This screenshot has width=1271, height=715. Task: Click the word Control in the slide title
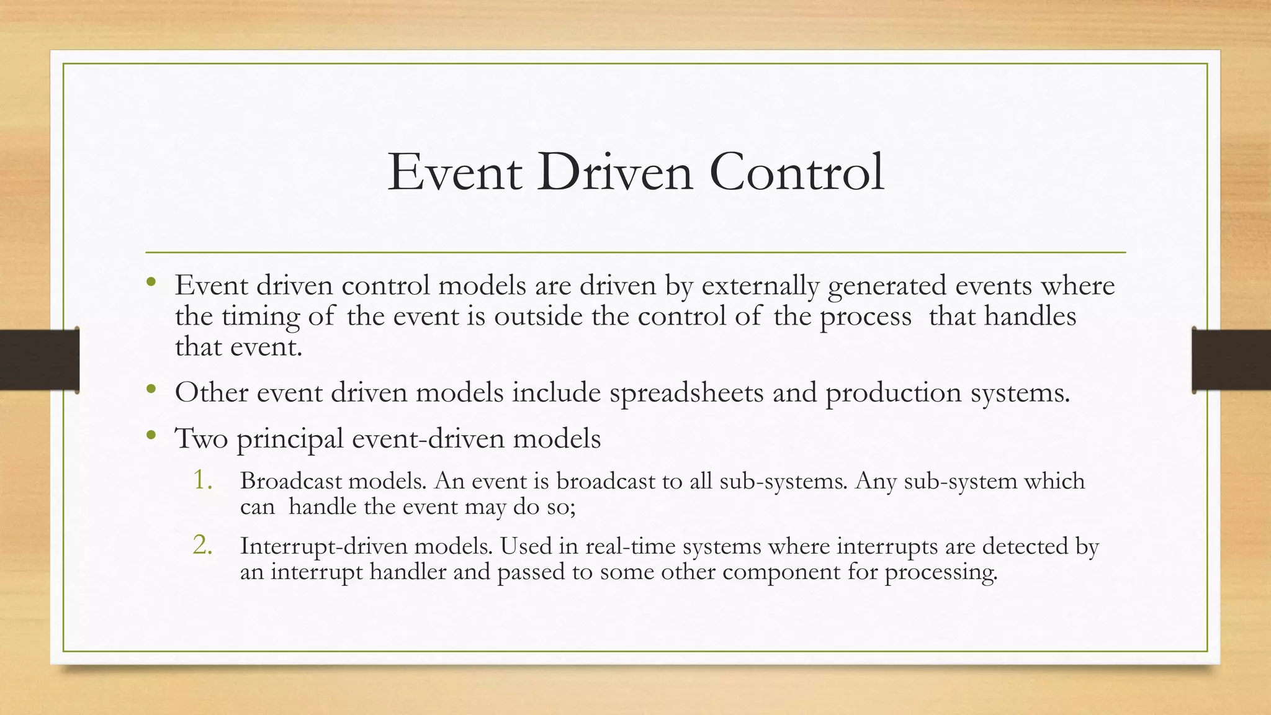(796, 173)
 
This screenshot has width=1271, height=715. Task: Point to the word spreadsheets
(686, 393)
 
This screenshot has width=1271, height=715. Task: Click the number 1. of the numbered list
(203, 480)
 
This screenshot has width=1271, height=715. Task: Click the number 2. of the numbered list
(203, 545)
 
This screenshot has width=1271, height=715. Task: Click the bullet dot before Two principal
(151, 436)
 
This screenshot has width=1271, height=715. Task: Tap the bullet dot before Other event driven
(151, 390)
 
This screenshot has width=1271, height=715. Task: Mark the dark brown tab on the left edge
(39, 360)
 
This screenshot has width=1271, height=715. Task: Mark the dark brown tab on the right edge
(1231, 360)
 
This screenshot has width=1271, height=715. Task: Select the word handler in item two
(408, 571)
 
